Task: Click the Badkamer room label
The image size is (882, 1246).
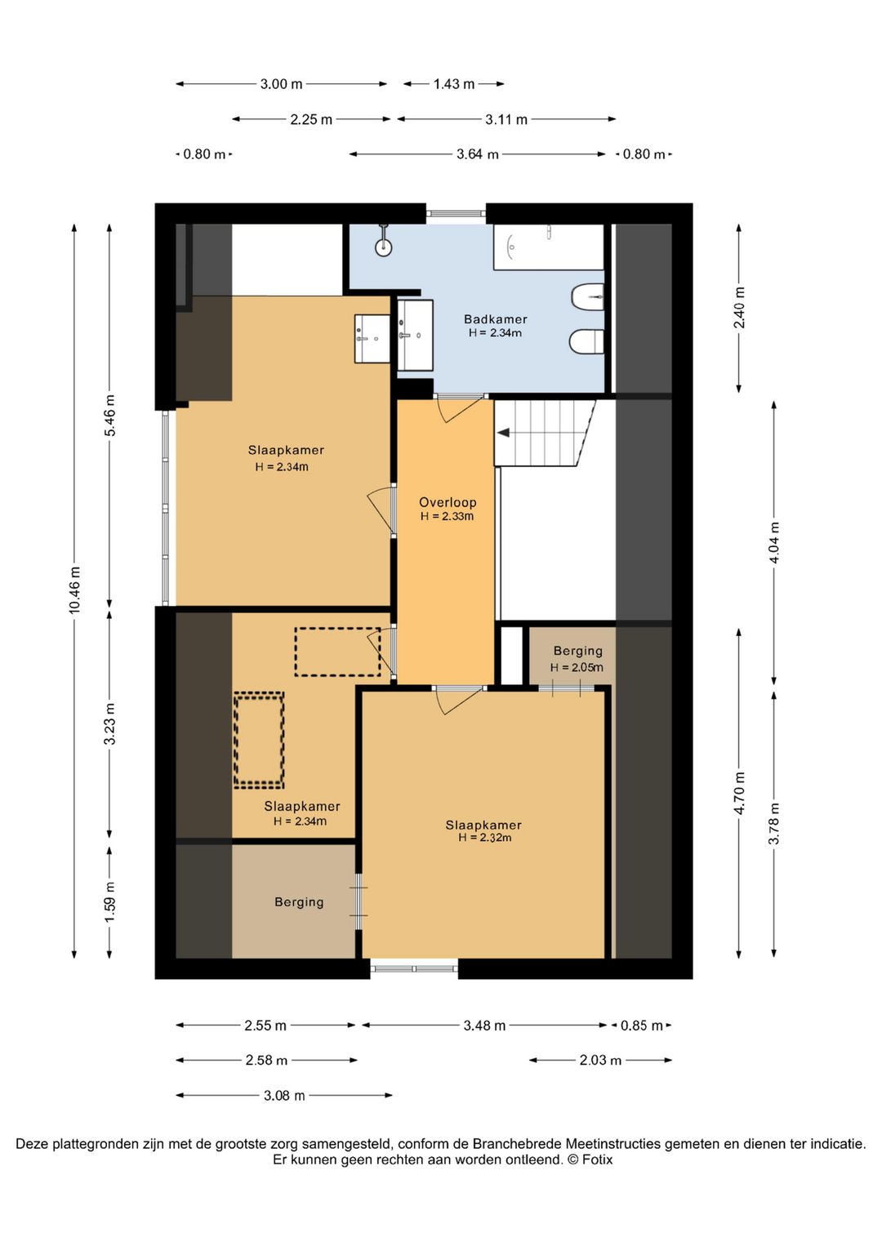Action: coord(495,319)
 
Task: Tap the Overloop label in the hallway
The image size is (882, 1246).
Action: coord(448,502)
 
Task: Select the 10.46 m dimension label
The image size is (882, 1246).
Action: coord(74,590)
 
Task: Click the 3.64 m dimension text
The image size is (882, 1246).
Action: coord(478,154)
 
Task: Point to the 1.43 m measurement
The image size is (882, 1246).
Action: coord(453,84)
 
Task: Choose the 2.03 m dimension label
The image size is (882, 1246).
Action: coord(600,1060)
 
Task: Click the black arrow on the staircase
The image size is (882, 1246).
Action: coord(505,432)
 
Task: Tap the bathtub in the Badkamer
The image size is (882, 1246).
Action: coord(549,247)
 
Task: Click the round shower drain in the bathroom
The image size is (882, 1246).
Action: coord(384,247)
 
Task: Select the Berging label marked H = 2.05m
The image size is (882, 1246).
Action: coord(577,650)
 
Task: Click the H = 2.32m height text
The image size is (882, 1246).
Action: coord(484,837)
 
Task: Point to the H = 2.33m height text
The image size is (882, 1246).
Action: coord(447,516)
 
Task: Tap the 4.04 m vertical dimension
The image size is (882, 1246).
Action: coord(774,543)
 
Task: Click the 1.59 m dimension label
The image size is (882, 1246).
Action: coord(110,902)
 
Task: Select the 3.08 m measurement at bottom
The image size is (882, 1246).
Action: coord(284,1096)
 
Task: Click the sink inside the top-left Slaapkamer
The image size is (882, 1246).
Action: coord(372,339)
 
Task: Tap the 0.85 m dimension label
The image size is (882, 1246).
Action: coord(642,1026)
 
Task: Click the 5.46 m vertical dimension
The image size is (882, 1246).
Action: coord(110,416)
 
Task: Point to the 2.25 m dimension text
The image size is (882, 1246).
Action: coord(311,119)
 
